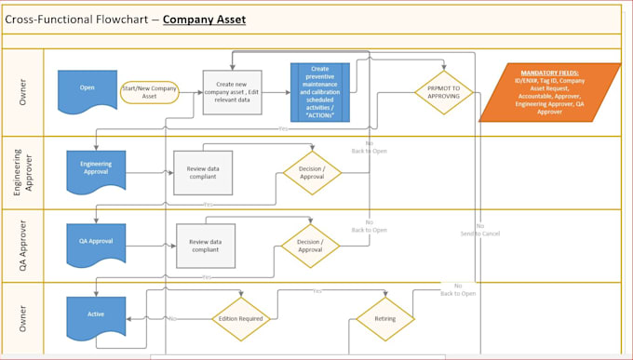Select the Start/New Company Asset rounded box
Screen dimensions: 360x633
[x=149, y=91]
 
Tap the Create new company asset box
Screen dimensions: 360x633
[x=232, y=91]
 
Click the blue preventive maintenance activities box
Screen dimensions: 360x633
[x=320, y=92]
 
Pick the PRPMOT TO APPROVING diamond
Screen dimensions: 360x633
[x=443, y=92]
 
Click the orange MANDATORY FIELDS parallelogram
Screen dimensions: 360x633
[x=549, y=92]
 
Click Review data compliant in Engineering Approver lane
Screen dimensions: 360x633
[x=203, y=172]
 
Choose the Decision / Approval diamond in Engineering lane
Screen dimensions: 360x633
[x=312, y=172]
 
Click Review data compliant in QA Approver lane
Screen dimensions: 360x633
[x=205, y=245]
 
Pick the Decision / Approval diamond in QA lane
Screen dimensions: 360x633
[x=311, y=245]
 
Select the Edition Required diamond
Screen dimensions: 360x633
[x=241, y=319]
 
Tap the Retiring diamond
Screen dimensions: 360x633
[x=384, y=319]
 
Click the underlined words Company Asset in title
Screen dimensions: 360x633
[x=204, y=19]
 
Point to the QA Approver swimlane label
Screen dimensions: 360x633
[x=22, y=246]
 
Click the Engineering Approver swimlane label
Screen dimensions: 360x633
[x=22, y=173]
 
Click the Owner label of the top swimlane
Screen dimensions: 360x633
[x=22, y=92]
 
